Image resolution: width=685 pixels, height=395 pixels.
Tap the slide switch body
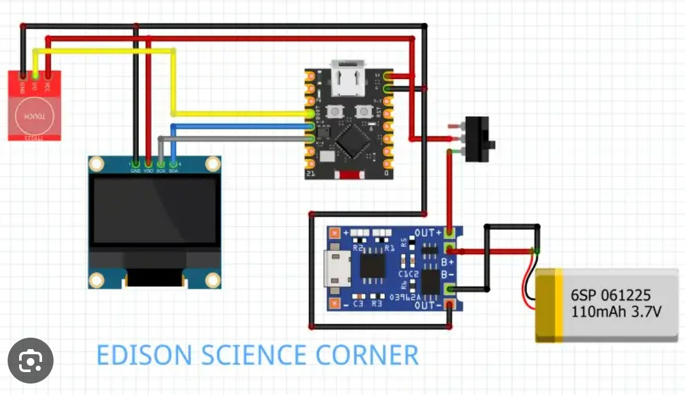pyautogui.click(x=480, y=139)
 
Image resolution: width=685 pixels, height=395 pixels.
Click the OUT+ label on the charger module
pyautogui.click(x=428, y=233)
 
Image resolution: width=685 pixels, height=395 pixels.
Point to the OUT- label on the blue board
pyautogui.click(x=428, y=306)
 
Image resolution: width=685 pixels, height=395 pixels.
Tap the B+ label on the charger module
pyautogui.click(x=447, y=262)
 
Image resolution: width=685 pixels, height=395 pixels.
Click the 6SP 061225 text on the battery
pyautogui.click(x=610, y=295)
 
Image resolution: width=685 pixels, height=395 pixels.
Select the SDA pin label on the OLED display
pyautogui.click(x=173, y=171)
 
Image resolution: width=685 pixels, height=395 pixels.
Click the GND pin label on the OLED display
pyautogui.click(x=136, y=171)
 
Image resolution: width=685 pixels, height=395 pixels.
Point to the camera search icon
pyautogui.click(x=30, y=361)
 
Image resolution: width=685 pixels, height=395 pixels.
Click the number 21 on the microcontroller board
pyautogui.click(x=310, y=173)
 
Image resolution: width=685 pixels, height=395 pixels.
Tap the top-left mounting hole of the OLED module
pyautogui.click(x=96, y=164)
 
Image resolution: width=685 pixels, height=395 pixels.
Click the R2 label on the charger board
pyautogui.click(x=357, y=247)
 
